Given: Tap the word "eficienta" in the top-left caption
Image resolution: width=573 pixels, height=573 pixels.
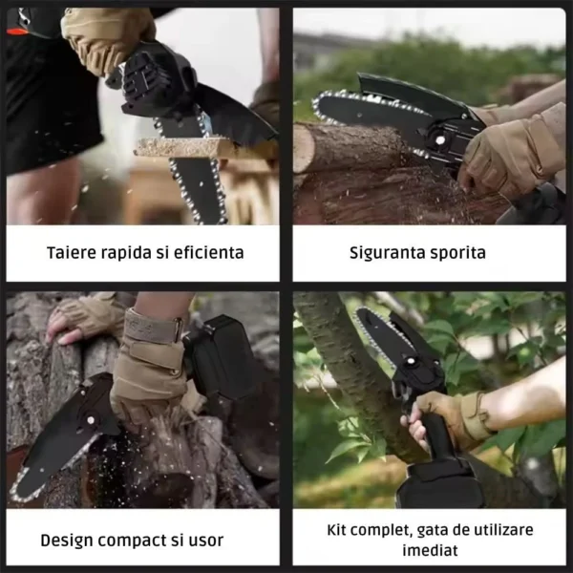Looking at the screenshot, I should coord(207,253).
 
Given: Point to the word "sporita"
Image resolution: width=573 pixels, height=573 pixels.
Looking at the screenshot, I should coord(459,253).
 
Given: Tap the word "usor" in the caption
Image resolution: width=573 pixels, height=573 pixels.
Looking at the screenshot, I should coord(204,541).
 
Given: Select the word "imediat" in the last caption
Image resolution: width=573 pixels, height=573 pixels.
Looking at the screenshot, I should coord(428,551).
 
